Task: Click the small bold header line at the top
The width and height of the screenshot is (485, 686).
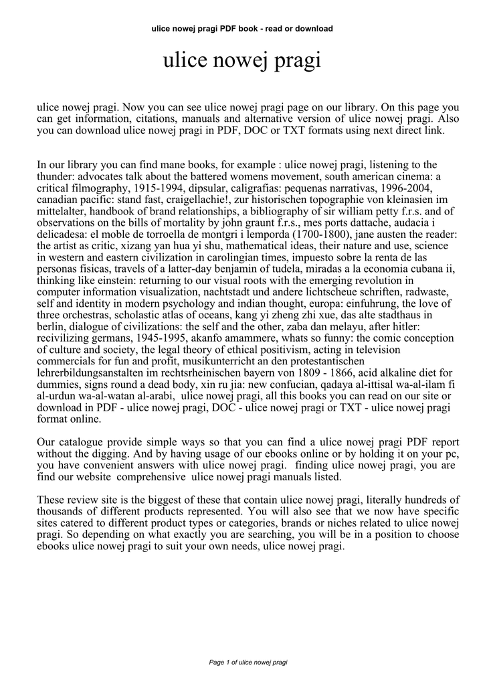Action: coord(242,29)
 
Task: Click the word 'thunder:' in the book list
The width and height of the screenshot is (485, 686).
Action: coord(56,176)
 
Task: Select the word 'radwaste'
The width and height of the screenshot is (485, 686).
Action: coord(419,291)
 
